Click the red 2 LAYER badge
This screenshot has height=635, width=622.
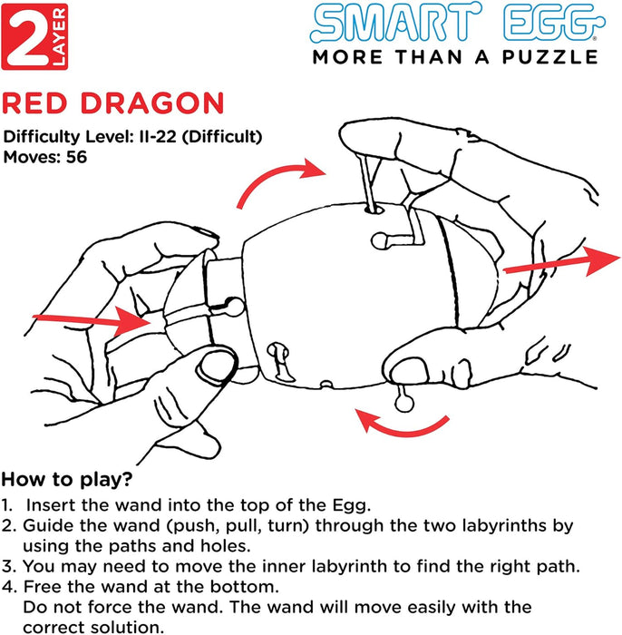[34, 36]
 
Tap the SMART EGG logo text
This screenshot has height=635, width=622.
[454, 25]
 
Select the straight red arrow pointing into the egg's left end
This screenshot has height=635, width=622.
[91, 320]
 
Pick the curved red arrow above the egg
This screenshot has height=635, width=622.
[281, 179]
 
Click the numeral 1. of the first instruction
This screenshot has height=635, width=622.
[8, 503]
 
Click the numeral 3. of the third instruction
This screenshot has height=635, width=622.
[8, 567]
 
